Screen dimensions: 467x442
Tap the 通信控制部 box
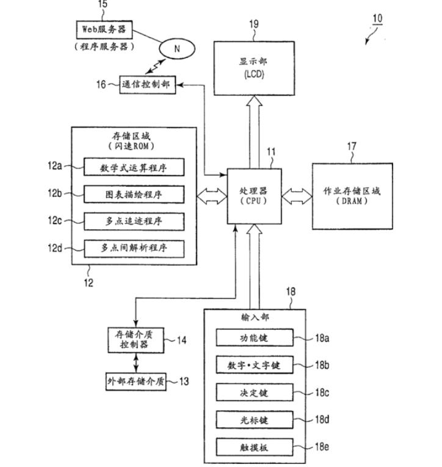[x=146, y=85]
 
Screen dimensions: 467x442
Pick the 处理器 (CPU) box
[x=255, y=196]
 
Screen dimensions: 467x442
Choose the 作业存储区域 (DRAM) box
[x=352, y=196]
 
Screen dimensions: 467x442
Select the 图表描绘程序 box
[x=133, y=194]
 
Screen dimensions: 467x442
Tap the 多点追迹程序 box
[x=133, y=221]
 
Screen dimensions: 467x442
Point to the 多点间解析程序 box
[x=133, y=248]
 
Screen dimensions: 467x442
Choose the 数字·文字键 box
[x=255, y=366]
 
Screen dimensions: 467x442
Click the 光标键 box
[x=255, y=420]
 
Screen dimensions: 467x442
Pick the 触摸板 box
[x=255, y=447]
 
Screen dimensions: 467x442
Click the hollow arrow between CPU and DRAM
[x=297, y=196]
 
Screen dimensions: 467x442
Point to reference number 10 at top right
[x=377, y=18]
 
